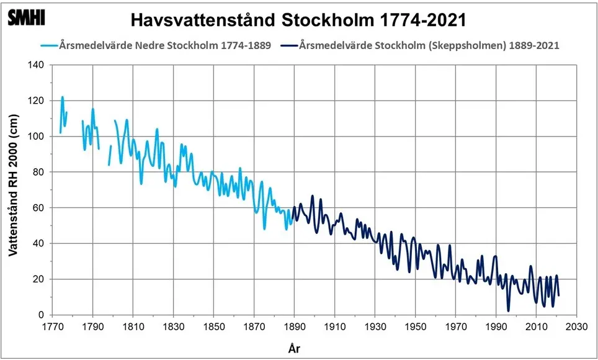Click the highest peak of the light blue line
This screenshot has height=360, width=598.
[63, 97]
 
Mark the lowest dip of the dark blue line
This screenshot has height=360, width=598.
[509, 310]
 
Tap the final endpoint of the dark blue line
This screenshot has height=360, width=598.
[559, 295]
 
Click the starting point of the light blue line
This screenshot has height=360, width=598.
[60, 133]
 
